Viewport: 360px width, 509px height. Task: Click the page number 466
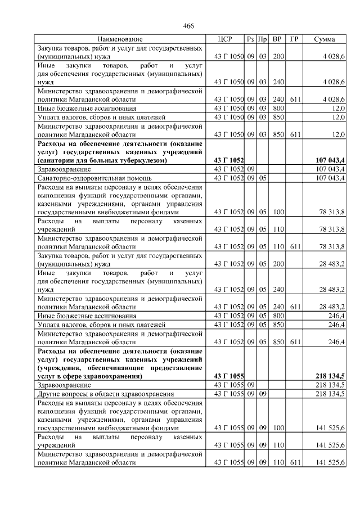tap(188, 26)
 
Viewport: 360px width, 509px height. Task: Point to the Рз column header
tap(250, 39)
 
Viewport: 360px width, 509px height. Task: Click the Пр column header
tap(262, 39)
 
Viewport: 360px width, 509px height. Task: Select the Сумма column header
tap(325, 39)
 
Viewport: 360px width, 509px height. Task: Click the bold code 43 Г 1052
tap(229, 161)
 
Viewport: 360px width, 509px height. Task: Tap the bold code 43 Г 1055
tap(229, 376)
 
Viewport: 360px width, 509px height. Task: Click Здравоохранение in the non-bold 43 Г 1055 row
tap(64, 385)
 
